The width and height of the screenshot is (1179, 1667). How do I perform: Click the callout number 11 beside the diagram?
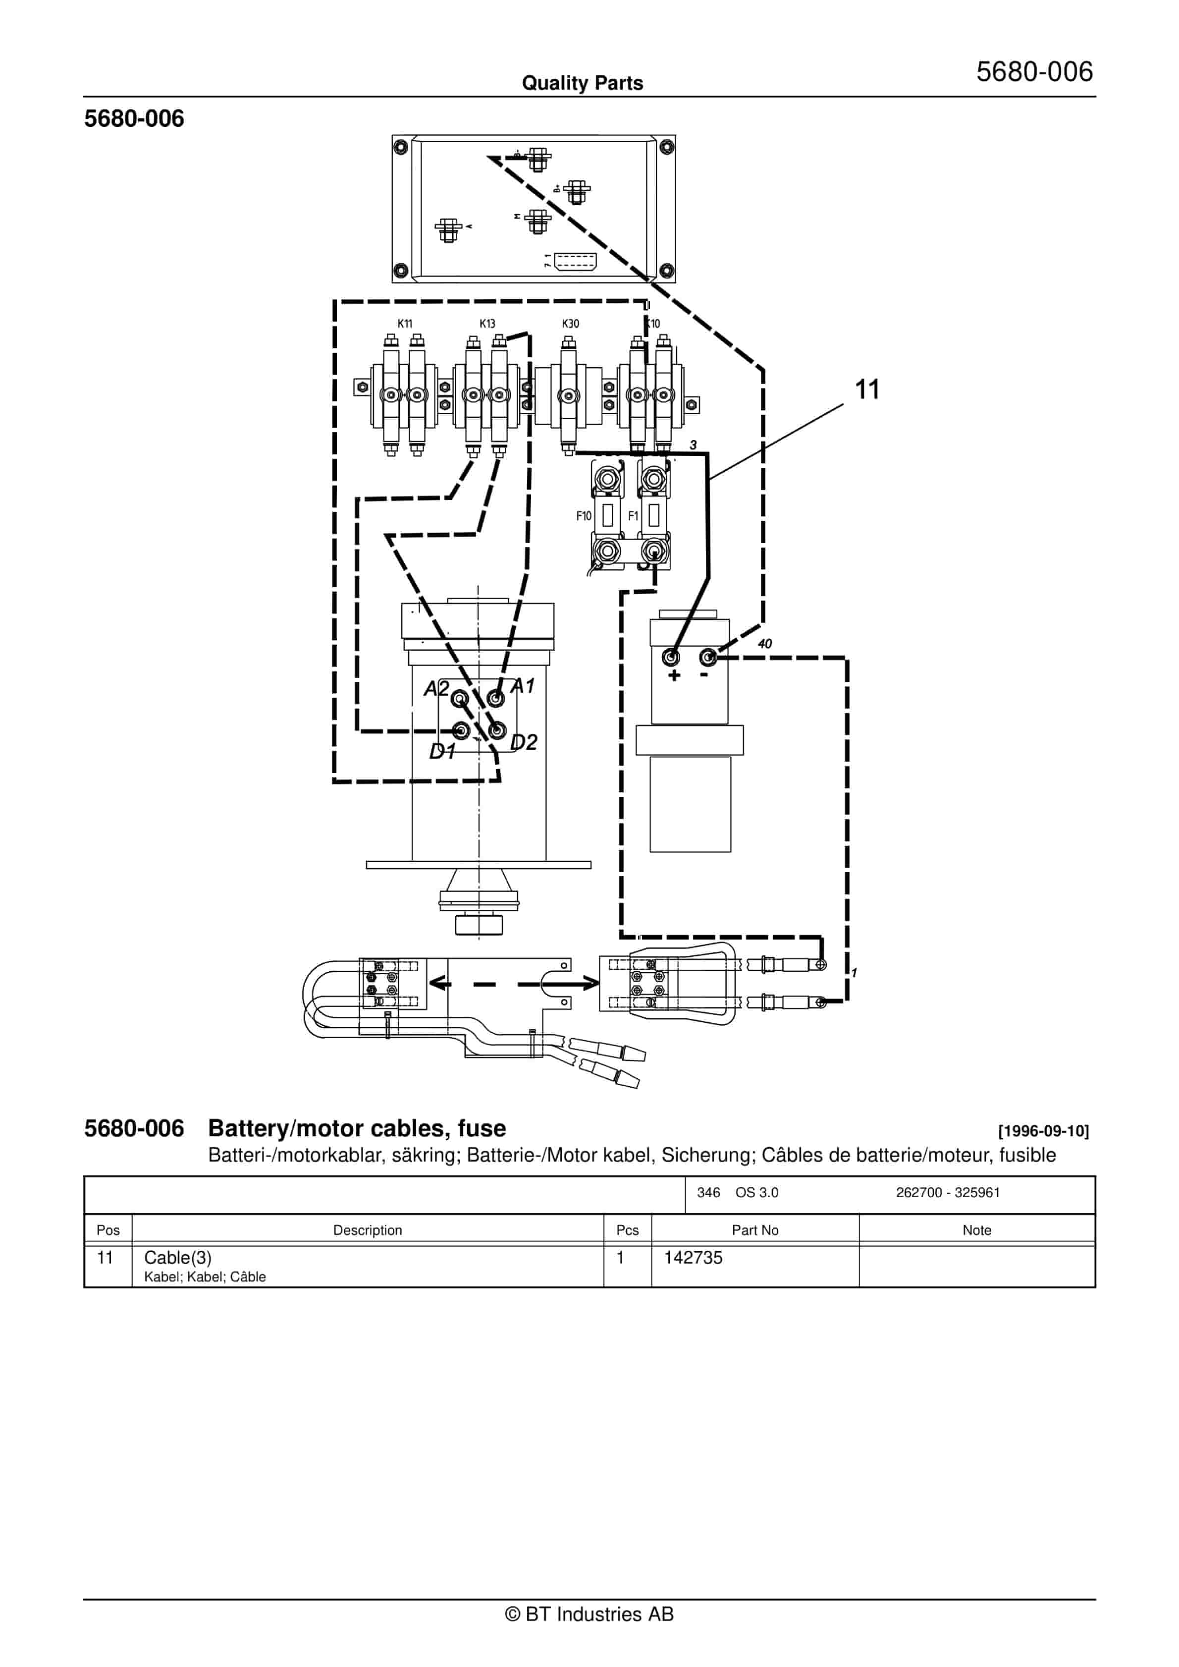point(867,390)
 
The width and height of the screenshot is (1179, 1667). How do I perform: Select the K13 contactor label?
point(487,324)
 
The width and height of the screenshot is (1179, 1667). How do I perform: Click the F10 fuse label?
point(584,516)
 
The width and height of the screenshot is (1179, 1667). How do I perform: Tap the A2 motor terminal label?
point(436,688)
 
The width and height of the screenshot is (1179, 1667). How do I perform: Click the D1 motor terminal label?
point(441,751)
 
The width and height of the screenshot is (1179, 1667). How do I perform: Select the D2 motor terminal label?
point(524,742)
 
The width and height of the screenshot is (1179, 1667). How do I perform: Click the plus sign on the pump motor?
point(674,676)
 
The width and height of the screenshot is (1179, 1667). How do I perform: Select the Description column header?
point(368,1230)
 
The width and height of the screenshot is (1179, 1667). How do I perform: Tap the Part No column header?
point(754,1230)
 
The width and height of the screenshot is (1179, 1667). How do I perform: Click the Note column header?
point(976,1230)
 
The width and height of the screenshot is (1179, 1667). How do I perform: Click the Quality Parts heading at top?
point(582,83)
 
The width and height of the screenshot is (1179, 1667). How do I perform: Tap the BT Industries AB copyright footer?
point(589,1614)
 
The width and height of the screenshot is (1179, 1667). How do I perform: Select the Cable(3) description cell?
point(178,1258)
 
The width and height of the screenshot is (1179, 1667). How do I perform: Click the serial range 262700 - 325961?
point(947,1192)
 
